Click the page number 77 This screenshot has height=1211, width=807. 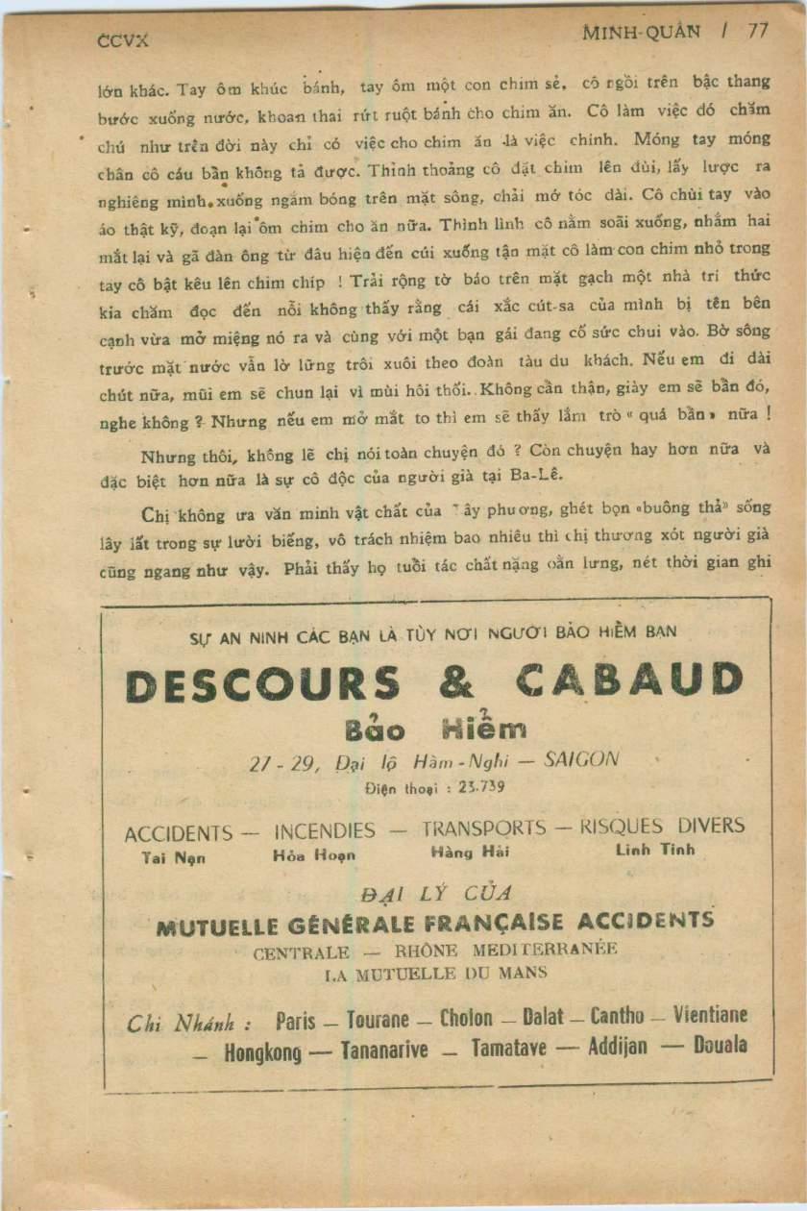pyautogui.click(x=758, y=31)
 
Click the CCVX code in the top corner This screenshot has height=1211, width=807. pyautogui.click(x=124, y=41)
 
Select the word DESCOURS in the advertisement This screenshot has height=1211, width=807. pyautogui.click(x=262, y=684)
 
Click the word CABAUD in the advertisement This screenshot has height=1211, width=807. pyautogui.click(x=629, y=680)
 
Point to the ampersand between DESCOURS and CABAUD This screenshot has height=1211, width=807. pyautogui.click(x=455, y=682)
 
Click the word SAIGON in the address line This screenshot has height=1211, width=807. pyautogui.click(x=581, y=758)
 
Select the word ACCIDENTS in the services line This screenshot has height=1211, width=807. pyautogui.click(x=178, y=834)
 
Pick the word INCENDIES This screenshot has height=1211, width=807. pyautogui.click(x=325, y=831)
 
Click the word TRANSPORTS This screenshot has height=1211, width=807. pyautogui.click(x=483, y=828)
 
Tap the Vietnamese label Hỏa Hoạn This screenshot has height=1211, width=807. pyautogui.click(x=314, y=854)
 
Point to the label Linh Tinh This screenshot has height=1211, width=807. pyautogui.click(x=654, y=850)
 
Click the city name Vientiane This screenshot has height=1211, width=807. pyautogui.click(x=710, y=1015)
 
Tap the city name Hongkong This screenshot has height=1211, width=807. pyautogui.click(x=262, y=1052)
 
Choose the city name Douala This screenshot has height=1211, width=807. pyautogui.click(x=721, y=1046)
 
